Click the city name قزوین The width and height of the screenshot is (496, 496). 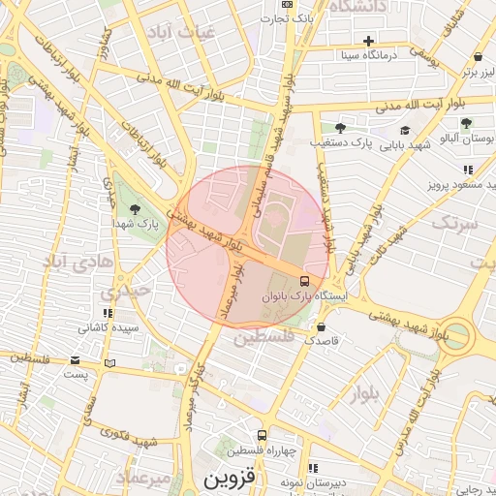pos(229,479)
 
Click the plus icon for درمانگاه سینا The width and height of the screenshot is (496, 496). pos(368,41)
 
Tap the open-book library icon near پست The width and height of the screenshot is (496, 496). pos(109,363)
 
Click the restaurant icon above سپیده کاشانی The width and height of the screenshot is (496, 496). pos(108,313)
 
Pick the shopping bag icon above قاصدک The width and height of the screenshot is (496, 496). pos(321,326)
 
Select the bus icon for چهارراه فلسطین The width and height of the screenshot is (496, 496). pos(262,436)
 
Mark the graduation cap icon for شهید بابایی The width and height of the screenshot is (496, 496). pos(404,131)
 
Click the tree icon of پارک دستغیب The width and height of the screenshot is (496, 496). pos(339,127)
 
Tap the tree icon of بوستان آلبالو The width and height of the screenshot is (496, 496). pos(467,123)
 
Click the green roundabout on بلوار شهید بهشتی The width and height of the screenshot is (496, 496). pos(458,336)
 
